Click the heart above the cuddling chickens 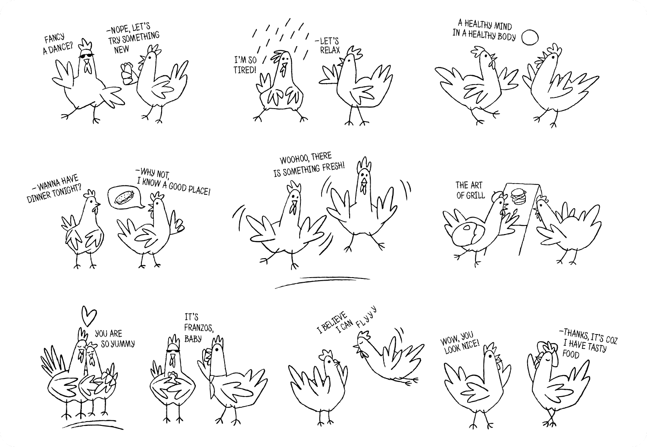pyautogui.click(x=89, y=316)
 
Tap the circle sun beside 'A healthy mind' pyautogui.click(x=530, y=38)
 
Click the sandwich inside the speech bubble pyautogui.click(x=124, y=197)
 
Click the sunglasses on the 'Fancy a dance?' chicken pyautogui.click(x=87, y=55)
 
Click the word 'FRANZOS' pyautogui.click(x=198, y=328)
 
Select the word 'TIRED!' pyautogui.click(x=245, y=70)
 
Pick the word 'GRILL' pyautogui.click(x=475, y=195)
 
